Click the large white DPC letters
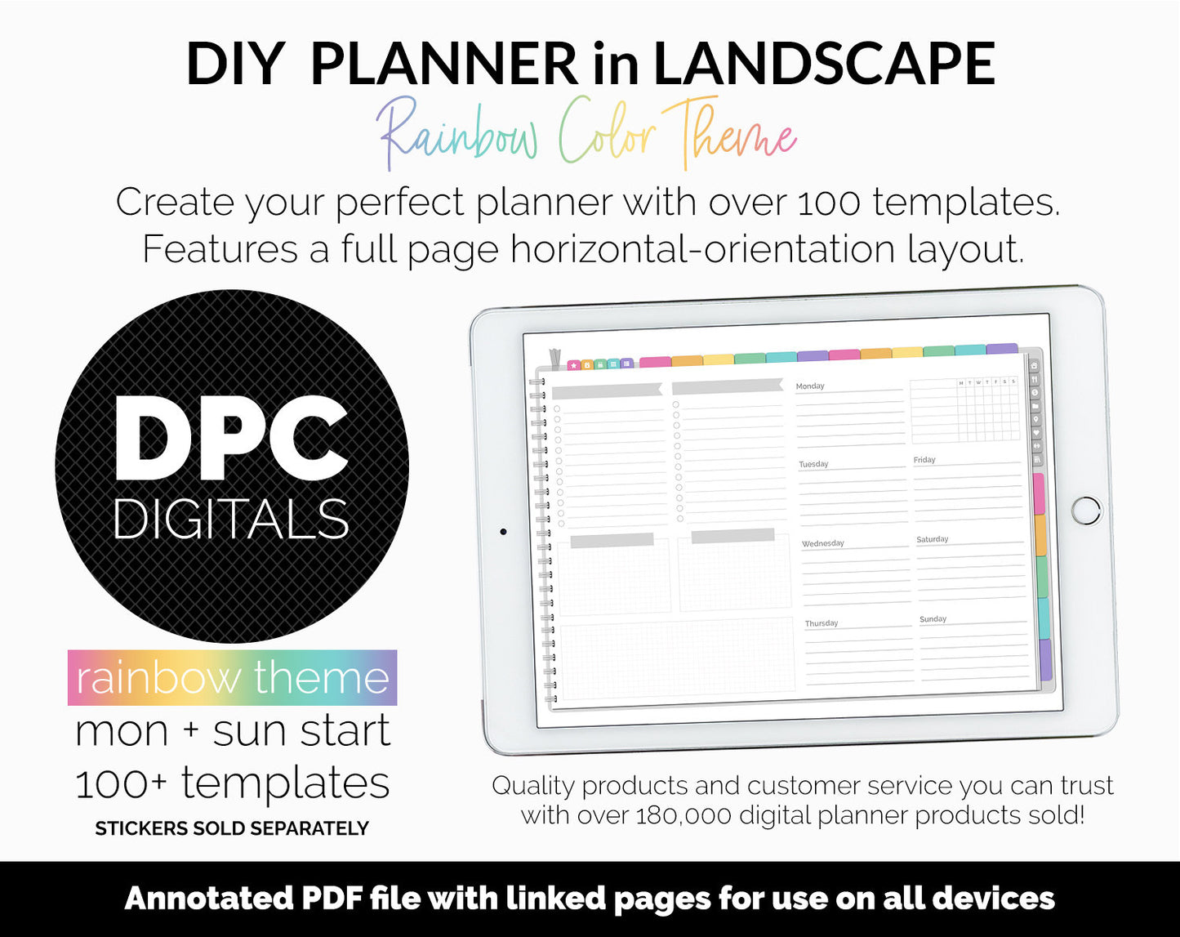coord(232,439)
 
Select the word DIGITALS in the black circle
coord(231,520)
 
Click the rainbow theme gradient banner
coord(232,677)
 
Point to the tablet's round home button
coord(1085,510)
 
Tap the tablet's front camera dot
coord(503,532)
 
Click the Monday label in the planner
coord(810,386)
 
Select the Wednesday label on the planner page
coord(822,543)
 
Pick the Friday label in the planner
coord(924,460)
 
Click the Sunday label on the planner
coord(933,619)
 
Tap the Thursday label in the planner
coord(822,623)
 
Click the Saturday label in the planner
coord(932,539)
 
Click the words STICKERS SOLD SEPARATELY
coord(232,828)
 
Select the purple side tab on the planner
coord(1045,660)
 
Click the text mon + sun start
coord(232,730)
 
